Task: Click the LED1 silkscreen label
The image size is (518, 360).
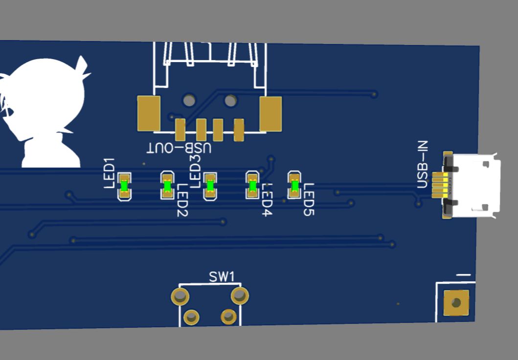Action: coord(109,173)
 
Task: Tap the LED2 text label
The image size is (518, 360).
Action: coord(182,200)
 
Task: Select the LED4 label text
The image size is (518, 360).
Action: coord(267,200)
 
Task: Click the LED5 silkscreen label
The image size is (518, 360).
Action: coord(309,200)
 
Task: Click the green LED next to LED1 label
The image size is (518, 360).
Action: coord(124,186)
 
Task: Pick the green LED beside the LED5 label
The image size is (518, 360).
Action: coord(294,185)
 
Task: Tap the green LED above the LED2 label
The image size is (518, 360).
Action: coord(167,186)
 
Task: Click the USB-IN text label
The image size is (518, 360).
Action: coord(423,164)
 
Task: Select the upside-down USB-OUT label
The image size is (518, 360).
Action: coord(180,148)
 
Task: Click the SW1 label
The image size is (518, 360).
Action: coord(222,277)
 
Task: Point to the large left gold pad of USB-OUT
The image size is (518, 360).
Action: coord(149,113)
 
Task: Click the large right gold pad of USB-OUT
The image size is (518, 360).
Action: coord(270,114)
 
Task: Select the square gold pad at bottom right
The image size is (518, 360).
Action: coord(456,303)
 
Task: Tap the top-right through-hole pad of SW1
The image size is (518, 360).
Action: coord(240,295)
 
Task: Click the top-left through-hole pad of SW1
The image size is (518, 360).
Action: coord(180,296)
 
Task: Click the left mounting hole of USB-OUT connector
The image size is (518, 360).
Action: coord(189,101)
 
